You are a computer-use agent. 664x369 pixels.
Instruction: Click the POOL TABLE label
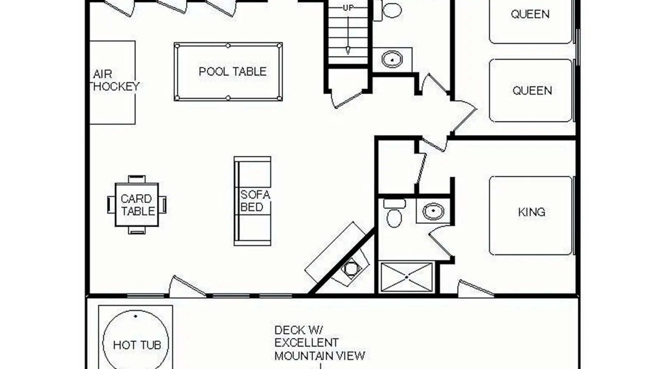232,72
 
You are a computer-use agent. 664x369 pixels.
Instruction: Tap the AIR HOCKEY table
113,82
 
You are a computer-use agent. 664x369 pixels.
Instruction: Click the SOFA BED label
255,201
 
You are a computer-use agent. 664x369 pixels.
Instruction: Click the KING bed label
532,212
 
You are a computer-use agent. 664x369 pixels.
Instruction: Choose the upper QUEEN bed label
530,14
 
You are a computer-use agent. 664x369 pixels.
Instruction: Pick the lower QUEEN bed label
532,90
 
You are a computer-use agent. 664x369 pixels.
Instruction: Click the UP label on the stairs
348,7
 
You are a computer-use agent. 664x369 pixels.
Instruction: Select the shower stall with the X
406,277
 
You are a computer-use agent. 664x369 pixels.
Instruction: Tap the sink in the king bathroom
433,211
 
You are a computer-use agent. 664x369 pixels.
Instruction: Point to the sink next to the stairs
392,59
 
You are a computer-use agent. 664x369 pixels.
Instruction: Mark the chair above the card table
137,179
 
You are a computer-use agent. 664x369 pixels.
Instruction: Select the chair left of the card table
111,205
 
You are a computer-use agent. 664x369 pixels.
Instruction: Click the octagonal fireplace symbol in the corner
350,268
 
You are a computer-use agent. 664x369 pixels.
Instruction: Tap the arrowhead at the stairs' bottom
348,51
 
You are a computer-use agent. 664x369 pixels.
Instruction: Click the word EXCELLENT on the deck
306,343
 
